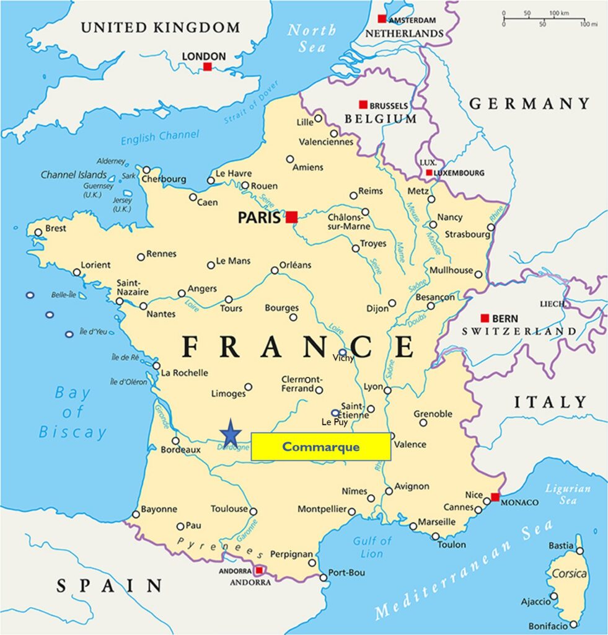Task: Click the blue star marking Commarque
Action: tap(231, 432)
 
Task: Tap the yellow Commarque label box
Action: tap(320, 446)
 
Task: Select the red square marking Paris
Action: tap(291, 216)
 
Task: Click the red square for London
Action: tap(208, 66)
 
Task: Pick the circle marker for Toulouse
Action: tap(253, 512)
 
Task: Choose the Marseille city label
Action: tap(437, 522)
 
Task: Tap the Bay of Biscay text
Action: tap(73, 412)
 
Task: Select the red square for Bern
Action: tap(485, 318)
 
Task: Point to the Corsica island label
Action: tap(569, 574)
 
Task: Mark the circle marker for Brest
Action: tap(38, 233)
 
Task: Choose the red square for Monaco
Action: tap(495, 497)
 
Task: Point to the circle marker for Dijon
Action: tap(392, 303)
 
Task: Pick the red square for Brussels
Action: tap(363, 105)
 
